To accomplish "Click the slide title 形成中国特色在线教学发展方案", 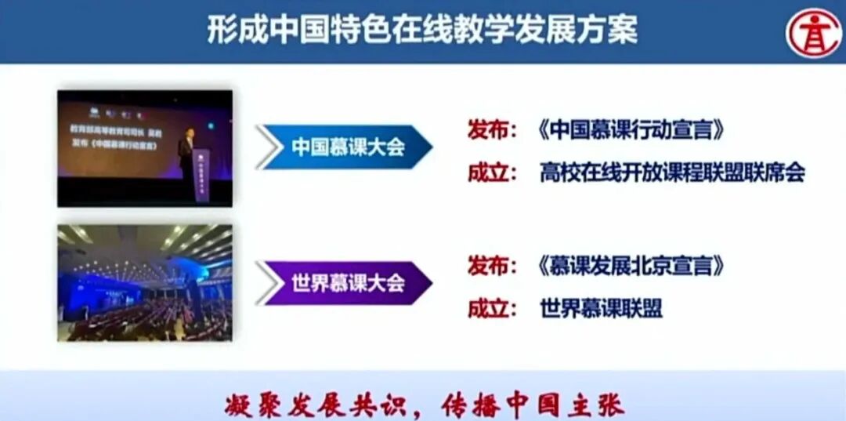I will pyautogui.click(x=422, y=31).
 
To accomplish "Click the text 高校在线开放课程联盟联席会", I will pyautogui.click(x=672, y=172).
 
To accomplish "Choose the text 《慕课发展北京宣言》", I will pyautogui.click(x=631, y=267).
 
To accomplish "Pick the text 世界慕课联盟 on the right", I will pyautogui.click(x=601, y=308).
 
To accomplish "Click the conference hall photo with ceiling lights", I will pyautogui.click(x=145, y=282).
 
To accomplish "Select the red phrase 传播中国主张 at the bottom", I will pyautogui.click(x=533, y=405).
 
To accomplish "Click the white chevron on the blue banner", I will pyautogui.click(x=269, y=147).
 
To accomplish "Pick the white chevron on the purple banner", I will pyautogui.click(x=269, y=283).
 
